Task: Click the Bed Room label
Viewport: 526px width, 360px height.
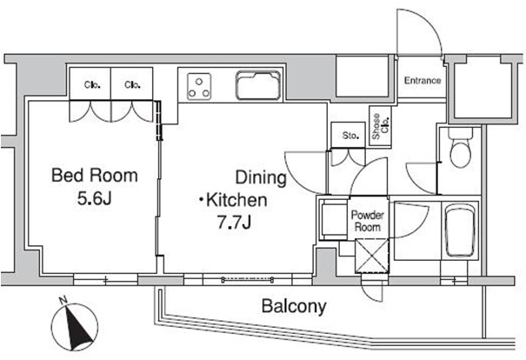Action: click(95, 176)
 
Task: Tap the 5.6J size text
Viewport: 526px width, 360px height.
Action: click(94, 198)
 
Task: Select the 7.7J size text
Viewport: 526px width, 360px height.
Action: click(235, 222)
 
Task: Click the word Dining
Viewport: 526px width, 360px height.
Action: click(261, 177)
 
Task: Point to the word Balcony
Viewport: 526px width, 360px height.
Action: click(294, 306)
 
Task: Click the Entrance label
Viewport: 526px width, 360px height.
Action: click(423, 81)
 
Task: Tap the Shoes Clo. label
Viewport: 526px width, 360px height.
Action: click(381, 126)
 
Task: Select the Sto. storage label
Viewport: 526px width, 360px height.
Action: click(350, 136)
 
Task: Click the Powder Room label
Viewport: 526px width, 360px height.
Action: click(368, 221)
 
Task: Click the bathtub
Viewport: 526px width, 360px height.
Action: click(460, 230)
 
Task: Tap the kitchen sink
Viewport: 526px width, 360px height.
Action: click(258, 85)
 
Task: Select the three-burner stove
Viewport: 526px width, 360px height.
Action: click(199, 87)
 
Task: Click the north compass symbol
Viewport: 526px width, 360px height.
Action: click(75, 326)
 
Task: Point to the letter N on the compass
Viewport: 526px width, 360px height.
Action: click(63, 301)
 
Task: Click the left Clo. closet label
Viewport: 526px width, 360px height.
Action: click(92, 85)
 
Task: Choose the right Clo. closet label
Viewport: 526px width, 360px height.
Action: click(132, 85)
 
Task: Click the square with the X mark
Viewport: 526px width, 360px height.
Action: click(372, 256)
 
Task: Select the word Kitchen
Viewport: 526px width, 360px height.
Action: click(236, 200)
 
